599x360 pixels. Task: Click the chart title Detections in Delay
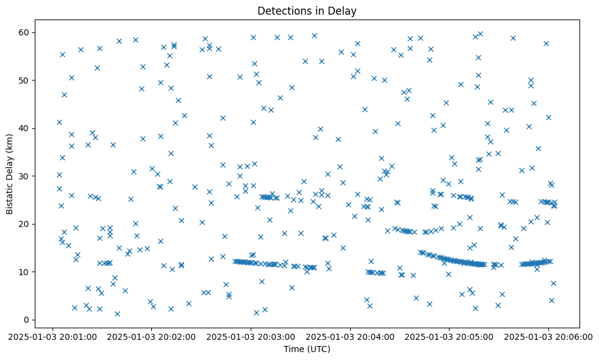tap(307, 11)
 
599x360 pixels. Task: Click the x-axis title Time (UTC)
tap(307, 349)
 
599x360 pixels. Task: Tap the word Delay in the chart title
tap(343, 11)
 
